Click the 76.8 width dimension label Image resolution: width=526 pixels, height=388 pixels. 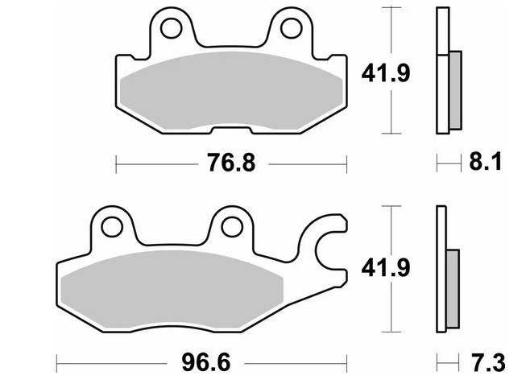tap(231, 163)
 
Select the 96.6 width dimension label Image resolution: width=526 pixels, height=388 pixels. tap(206, 362)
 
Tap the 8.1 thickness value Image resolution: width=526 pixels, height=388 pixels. tap(485, 161)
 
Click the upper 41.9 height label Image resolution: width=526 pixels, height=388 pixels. tap(386, 73)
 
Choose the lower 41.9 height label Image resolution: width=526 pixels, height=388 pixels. tap(386, 268)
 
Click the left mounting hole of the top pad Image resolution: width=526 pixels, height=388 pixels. tap(172, 28)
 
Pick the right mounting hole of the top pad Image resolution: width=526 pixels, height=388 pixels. tap(291, 28)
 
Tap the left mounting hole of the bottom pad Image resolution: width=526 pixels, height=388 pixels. tap(112, 227)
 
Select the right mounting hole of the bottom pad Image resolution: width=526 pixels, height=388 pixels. tap(232, 227)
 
